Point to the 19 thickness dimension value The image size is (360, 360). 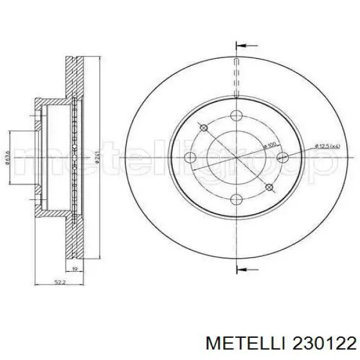coord(74,269)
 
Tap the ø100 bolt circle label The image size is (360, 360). coord(269,146)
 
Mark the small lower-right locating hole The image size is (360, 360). coord(271,188)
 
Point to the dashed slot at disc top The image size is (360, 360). coord(238,78)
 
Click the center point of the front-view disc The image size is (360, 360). coord(238,158)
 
